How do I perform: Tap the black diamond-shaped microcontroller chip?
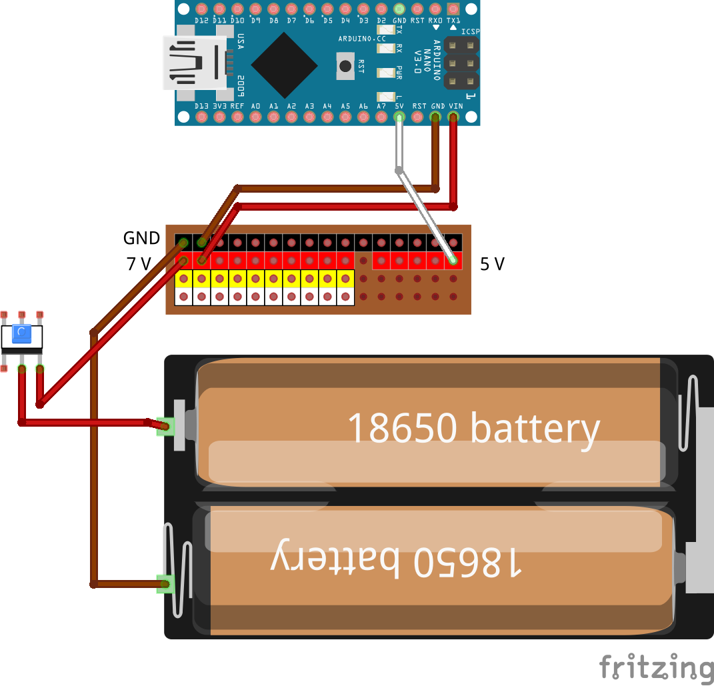284,64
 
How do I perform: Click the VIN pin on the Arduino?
453,118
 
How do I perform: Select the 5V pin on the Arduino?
399,118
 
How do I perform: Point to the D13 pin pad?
201,118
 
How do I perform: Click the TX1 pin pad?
453,9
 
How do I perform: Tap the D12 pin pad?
201,9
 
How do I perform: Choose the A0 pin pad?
255,118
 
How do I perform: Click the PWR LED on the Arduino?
386,73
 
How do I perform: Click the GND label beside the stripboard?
141,238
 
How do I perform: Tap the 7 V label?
139,265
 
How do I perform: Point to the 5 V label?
492,265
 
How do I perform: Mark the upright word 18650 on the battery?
401,428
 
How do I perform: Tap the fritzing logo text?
655,667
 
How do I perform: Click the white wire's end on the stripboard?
453,259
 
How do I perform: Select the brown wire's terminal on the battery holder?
164,585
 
